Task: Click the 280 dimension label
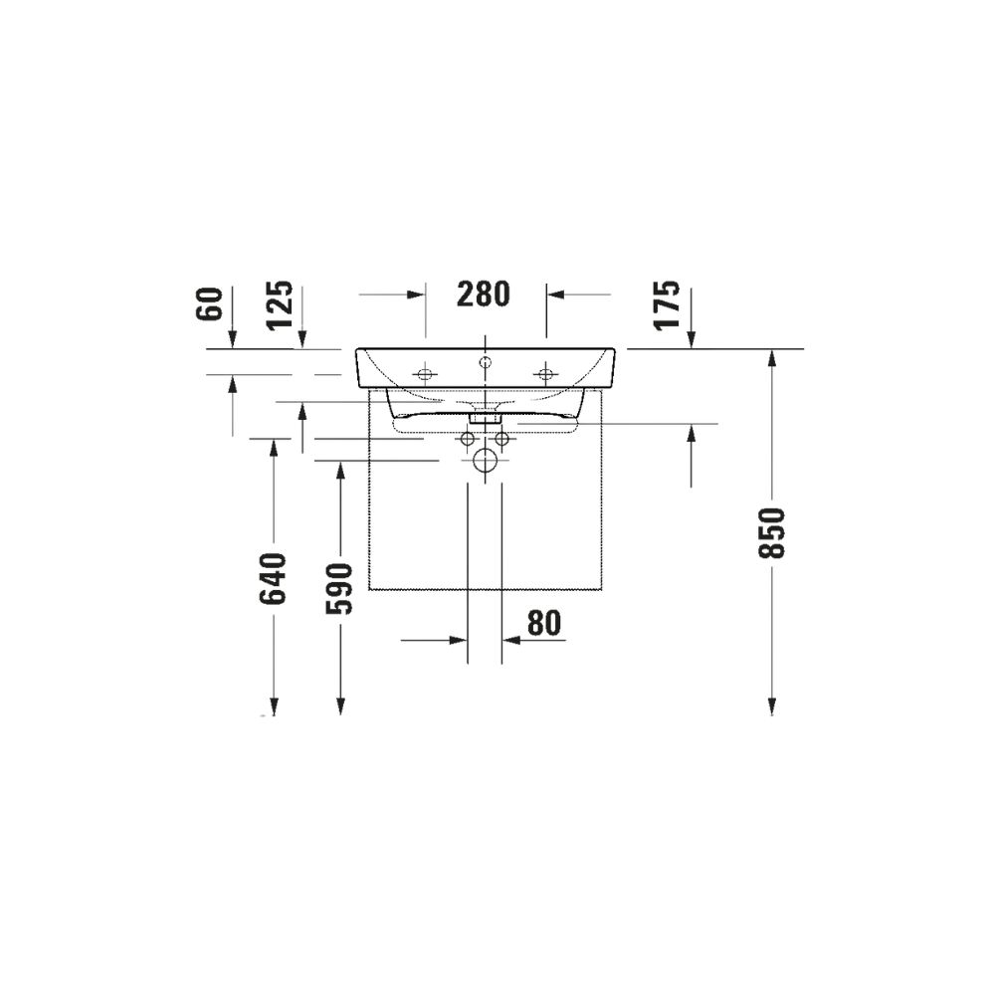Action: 483,294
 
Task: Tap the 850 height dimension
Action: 772,532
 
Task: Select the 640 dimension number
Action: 274,578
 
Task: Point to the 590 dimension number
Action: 339,589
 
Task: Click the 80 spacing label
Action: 544,623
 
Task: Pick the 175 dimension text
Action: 667,304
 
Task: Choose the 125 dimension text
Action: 280,304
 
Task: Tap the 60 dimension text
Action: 211,303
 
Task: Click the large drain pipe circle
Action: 486,461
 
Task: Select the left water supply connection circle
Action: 468,439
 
